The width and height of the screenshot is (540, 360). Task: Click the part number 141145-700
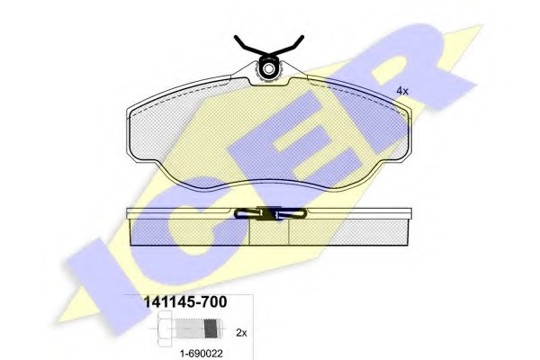point(185,301)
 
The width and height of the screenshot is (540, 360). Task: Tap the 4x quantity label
point(402,91)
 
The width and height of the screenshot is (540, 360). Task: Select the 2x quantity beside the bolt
point(241,333)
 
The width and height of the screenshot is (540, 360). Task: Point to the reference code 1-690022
point(202,353)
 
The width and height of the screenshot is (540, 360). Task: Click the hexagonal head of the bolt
point(166,328)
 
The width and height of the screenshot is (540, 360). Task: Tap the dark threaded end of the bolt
point(212,328)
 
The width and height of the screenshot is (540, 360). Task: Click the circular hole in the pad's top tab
point(268,70)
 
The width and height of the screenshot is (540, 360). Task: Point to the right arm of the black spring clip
point(288,46)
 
